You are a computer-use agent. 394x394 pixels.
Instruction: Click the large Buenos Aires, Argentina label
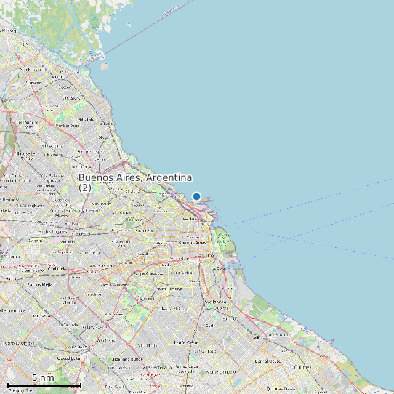pos(135,178)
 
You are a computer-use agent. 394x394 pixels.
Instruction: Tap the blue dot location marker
pos(196,196)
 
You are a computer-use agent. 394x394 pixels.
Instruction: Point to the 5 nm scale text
pos(43,378)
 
